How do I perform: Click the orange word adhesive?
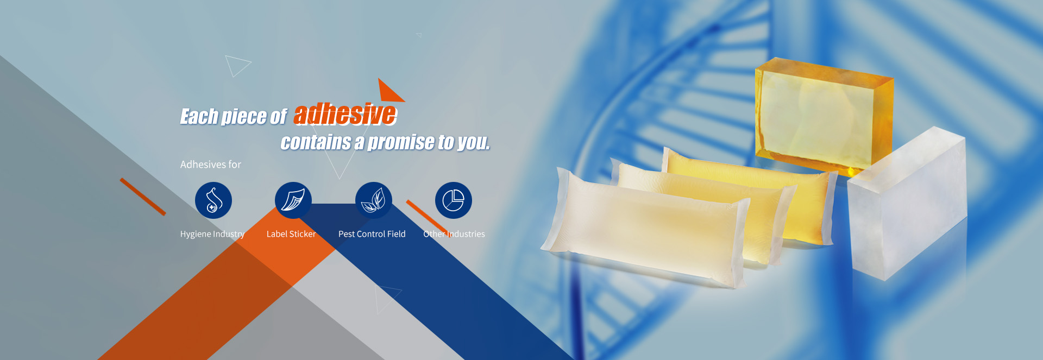345,115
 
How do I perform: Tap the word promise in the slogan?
401,142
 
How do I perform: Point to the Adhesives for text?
211,165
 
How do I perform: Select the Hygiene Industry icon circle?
213,200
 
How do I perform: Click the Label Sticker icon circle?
293,200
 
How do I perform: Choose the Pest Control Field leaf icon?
373,200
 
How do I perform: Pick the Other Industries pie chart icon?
454,200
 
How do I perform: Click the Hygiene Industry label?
212,234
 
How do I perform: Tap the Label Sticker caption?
291,234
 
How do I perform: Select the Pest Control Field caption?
372,234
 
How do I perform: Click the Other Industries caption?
454,234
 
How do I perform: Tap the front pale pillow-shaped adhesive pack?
646,228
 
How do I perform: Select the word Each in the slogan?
198,117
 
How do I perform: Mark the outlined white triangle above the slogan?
236,65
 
